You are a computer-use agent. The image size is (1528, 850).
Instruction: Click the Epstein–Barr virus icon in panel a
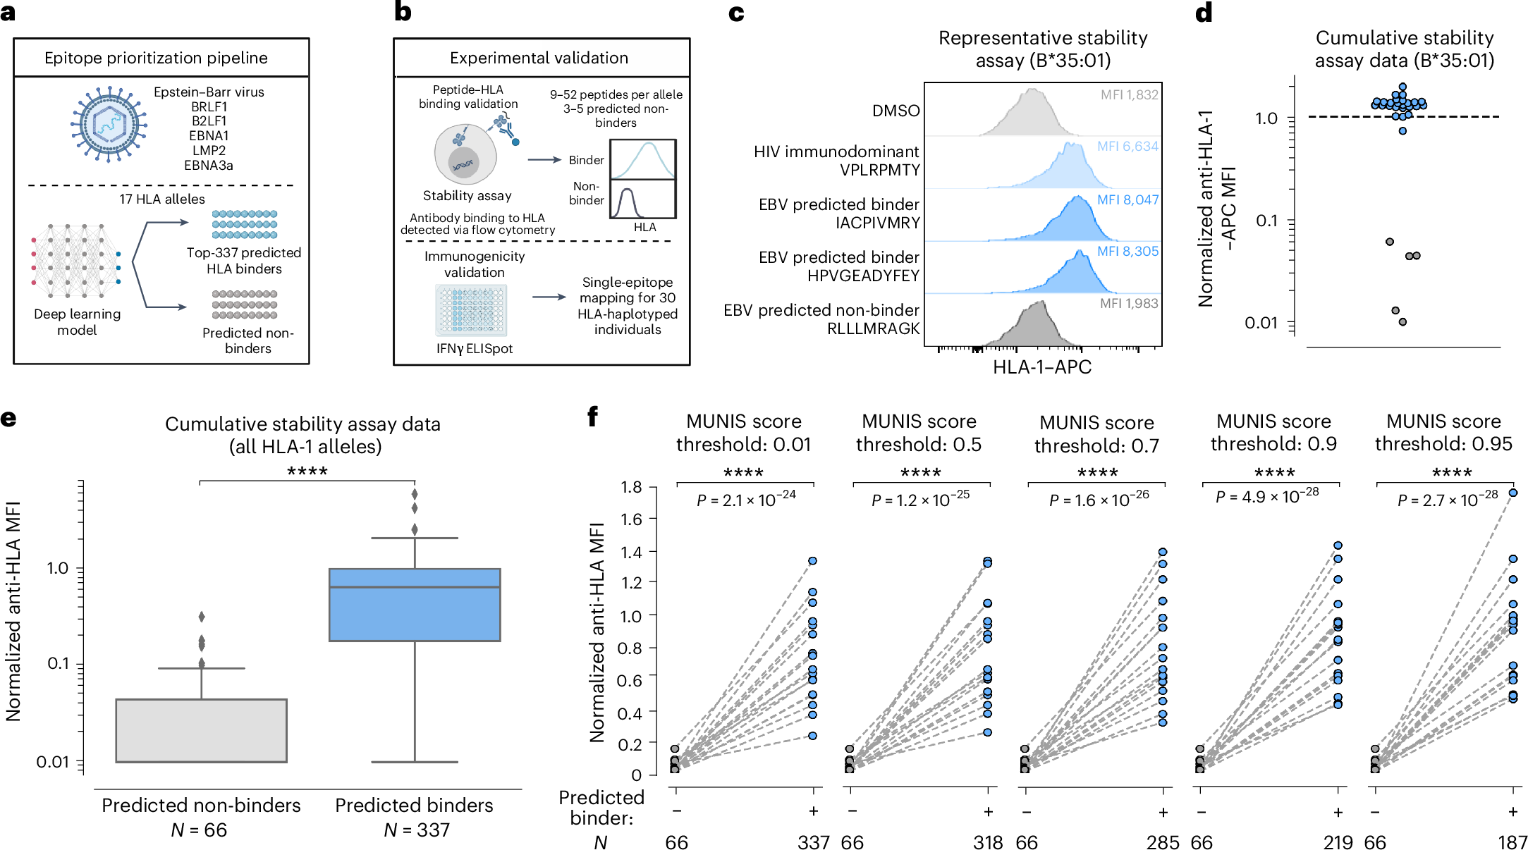pyautogui.click(x=109, y=125)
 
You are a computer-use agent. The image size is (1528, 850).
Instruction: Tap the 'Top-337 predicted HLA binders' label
pyautogui.click(x=244, y=260)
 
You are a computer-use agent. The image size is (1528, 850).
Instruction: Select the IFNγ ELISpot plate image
pyautogui.click(x=472, y=310)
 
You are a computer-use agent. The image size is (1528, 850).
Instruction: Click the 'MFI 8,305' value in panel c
pyautogui.click(x=1127, y=252)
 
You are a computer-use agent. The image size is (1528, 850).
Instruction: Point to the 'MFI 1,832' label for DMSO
pyautogui.click(x=1129, y=95)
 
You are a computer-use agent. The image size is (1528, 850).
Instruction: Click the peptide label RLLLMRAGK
pyautogui.click(x=873, y=328)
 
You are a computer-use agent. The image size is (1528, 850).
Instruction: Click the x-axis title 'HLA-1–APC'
pyautogui.click(x=1042, y=367)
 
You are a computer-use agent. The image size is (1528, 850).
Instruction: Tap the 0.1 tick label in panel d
pyautogui.click(x=1266, y=221)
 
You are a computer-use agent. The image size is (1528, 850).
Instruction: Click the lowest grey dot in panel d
pyautogui.click(x=1402, y=322)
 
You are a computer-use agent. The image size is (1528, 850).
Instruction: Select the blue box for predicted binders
pyautogui.click(x=415, y=604)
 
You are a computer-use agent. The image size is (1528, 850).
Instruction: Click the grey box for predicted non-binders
pyautogui.click(x=202, y=730)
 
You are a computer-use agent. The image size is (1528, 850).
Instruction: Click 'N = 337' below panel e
pyautogui.click(x=416, y=830)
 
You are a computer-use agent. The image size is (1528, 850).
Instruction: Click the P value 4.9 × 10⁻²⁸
pyautogui.click(x=1267, y=497)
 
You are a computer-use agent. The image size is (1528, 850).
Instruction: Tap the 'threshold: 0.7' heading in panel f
pyautogui.click(x=1096, y=445)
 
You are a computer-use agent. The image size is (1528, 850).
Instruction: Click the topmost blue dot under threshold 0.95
pyautogui.click(x=1512, y=493)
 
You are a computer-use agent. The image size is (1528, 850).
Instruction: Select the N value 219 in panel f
pyautogui.click(x=1338, y=842)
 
